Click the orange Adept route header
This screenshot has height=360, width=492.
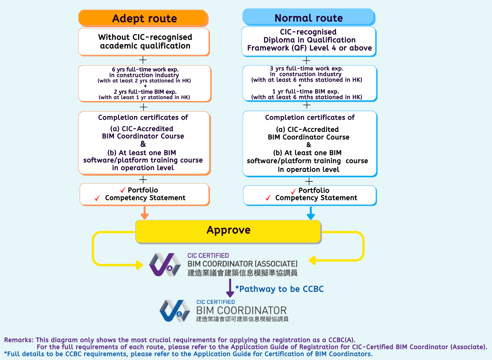click(x=144, y=18)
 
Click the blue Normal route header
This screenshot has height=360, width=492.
click(x=309, y=18)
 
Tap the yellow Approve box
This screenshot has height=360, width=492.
click(x=228, y=231)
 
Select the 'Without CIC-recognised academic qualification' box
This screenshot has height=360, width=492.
click(x=144, y=42)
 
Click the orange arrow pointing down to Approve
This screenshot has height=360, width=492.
click(x=144, y=213)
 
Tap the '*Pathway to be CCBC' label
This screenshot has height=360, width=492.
click(x=280, y=289)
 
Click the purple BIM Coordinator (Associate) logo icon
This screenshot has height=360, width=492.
click(x=165, y=265)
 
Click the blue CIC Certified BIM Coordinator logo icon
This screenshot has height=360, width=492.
click(x=175, y=311)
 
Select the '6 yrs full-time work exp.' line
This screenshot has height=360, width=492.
click(x=145, y=69)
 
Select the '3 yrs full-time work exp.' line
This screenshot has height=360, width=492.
click(x=307, y=68)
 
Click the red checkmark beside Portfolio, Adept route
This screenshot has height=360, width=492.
click(x=123, y=190)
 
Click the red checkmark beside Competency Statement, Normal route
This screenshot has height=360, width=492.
click(x=268, y=198)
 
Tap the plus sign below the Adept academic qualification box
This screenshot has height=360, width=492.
click(x=143, y=60)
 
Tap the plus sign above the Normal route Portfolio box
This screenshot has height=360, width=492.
click(x=309, y=181)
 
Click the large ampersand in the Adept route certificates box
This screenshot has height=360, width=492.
click(x=143, y=144)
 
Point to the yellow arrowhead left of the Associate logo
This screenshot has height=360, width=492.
click(x=139, y=265)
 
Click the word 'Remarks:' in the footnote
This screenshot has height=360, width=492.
click(x=19, y=340)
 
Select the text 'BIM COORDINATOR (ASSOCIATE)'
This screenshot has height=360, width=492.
click(x=242, y=264)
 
